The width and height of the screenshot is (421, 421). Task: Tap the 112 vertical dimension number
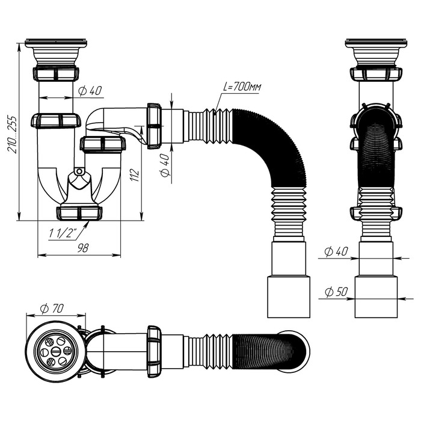tap(135, 175)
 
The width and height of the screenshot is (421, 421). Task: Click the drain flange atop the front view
tap(57, 45)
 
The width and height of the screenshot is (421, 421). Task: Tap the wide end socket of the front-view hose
tap(289, 297)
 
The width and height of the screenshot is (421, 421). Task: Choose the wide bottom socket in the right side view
tap(376, 297)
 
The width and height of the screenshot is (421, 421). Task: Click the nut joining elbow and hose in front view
tap(155, 125)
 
